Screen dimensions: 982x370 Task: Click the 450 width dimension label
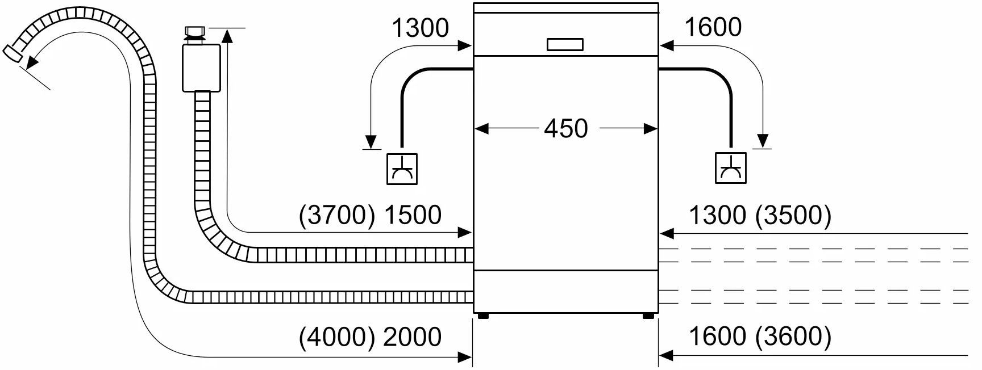tap(566, 129)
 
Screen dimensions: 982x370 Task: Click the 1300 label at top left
tap(421, 28)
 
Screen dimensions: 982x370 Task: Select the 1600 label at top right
tap(713, 27)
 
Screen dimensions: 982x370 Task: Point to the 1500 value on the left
tap(413, 215)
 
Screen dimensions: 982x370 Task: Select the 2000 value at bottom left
tap(413, 337)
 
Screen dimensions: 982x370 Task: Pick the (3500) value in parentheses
tap(793, 215)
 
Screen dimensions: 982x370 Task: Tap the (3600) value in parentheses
tap(793, 337)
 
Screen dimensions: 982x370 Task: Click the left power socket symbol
tap(402, 169)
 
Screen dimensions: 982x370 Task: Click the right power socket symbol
tap(731, 169)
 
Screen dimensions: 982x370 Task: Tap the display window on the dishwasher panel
tap(565, 45)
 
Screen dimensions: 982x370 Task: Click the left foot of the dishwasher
tap(483, 316)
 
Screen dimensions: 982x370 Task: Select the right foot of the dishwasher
tap(648, 316)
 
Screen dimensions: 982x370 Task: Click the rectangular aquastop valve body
tap(201, 68)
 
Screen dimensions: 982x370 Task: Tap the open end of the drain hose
tap(11, 53)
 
